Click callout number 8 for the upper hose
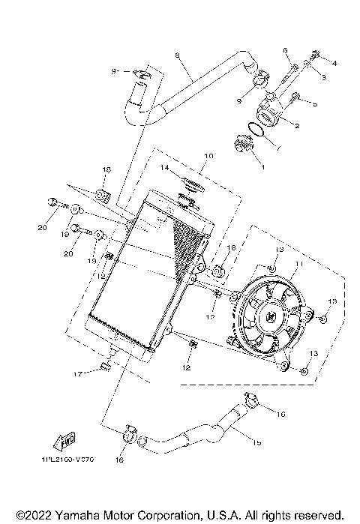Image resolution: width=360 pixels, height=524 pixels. point(177,55)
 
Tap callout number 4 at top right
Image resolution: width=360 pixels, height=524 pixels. point(335,63)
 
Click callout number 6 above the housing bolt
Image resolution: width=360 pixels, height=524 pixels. point(286,51)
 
